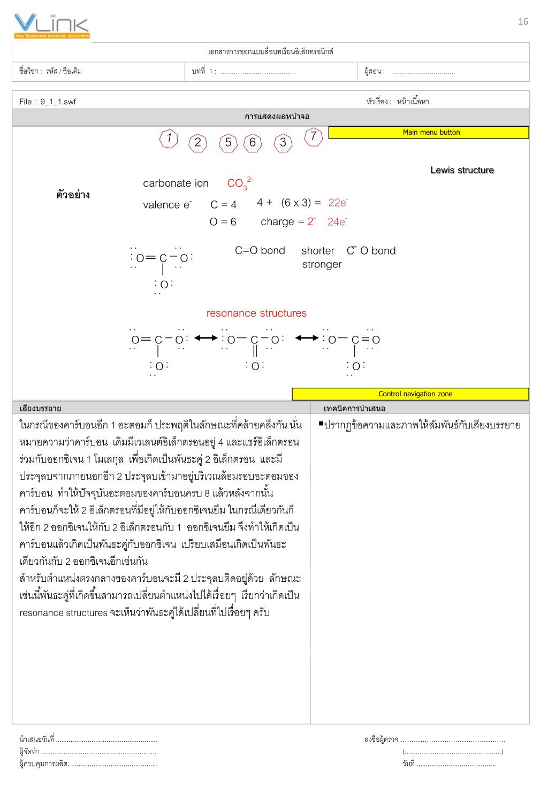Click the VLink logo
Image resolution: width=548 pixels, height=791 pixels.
(52, 26)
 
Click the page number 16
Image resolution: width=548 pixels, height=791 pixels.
(523, 21)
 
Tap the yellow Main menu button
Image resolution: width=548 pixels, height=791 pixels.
(428, 133)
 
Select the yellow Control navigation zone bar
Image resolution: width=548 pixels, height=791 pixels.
(410, 394)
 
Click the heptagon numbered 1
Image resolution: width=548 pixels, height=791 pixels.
(169, 139)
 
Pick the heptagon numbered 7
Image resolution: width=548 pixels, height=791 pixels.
(313, 137)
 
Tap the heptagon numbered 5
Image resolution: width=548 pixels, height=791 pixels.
(228, 143)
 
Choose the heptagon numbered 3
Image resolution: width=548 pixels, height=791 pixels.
(283, 143)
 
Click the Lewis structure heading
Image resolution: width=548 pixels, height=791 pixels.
(462, 170)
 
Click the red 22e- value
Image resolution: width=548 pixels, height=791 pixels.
(338, 203)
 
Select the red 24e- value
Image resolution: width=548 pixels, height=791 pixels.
(337, 222)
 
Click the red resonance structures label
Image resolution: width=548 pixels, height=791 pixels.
(256, 313)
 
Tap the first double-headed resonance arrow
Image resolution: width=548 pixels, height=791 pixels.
(205, 338)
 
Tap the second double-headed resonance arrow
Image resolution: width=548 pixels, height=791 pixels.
(306, 338)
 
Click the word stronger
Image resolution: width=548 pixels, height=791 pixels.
(322, 264)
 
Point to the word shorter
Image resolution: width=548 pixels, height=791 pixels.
(318, 251)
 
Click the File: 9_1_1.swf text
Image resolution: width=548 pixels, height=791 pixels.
(48, 102)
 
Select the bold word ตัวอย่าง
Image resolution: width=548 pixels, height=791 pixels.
(73, 195)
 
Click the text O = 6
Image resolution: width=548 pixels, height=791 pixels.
(223, 222)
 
